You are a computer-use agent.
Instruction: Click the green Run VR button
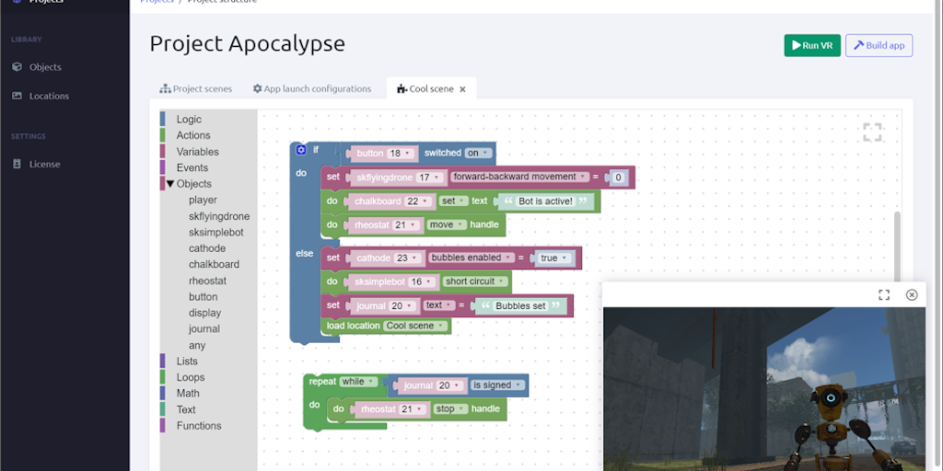pos(811,45)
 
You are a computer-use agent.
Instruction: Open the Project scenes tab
pos(195,89)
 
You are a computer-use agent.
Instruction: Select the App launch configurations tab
pos(312,89)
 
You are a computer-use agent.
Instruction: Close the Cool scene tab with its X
pos(462,89)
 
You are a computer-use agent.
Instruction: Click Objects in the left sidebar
pos(45,67)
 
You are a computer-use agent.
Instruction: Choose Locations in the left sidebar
pos(49,96)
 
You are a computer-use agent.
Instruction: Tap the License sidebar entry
pos(44,164)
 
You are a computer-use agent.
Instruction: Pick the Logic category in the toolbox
pos(189,120)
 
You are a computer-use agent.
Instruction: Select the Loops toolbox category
pos(191,377)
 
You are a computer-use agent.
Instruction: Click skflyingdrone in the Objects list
pos(219,216)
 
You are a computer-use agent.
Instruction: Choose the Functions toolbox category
pos(199,426)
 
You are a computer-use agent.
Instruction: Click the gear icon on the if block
pos(301,149)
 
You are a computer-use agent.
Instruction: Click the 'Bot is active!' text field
pos(545,201)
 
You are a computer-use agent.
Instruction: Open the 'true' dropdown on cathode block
pos(553,258)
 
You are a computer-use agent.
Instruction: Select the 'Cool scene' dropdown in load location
pos(415,326)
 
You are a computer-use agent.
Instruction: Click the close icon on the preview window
pos(912,294)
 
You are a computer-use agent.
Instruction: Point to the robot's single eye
pos(830,398)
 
